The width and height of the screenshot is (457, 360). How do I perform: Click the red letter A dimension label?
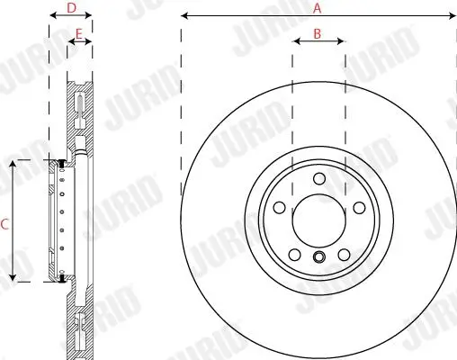(317, 7)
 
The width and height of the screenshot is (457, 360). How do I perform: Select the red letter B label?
(318, 33)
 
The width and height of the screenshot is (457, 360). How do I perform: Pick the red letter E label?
(79, 33)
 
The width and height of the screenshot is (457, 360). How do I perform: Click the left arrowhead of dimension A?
(184, 16)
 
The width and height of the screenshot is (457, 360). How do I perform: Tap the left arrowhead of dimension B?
(296, 41)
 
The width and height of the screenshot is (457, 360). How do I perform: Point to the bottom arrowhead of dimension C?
(13, 279)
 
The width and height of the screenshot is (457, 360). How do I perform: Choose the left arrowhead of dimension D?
(52, 16)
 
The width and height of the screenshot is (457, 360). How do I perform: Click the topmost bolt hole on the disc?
(318, 177)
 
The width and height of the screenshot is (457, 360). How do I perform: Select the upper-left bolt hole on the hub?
(279, 208)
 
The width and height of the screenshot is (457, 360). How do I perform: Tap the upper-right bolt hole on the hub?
(358, 208)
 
